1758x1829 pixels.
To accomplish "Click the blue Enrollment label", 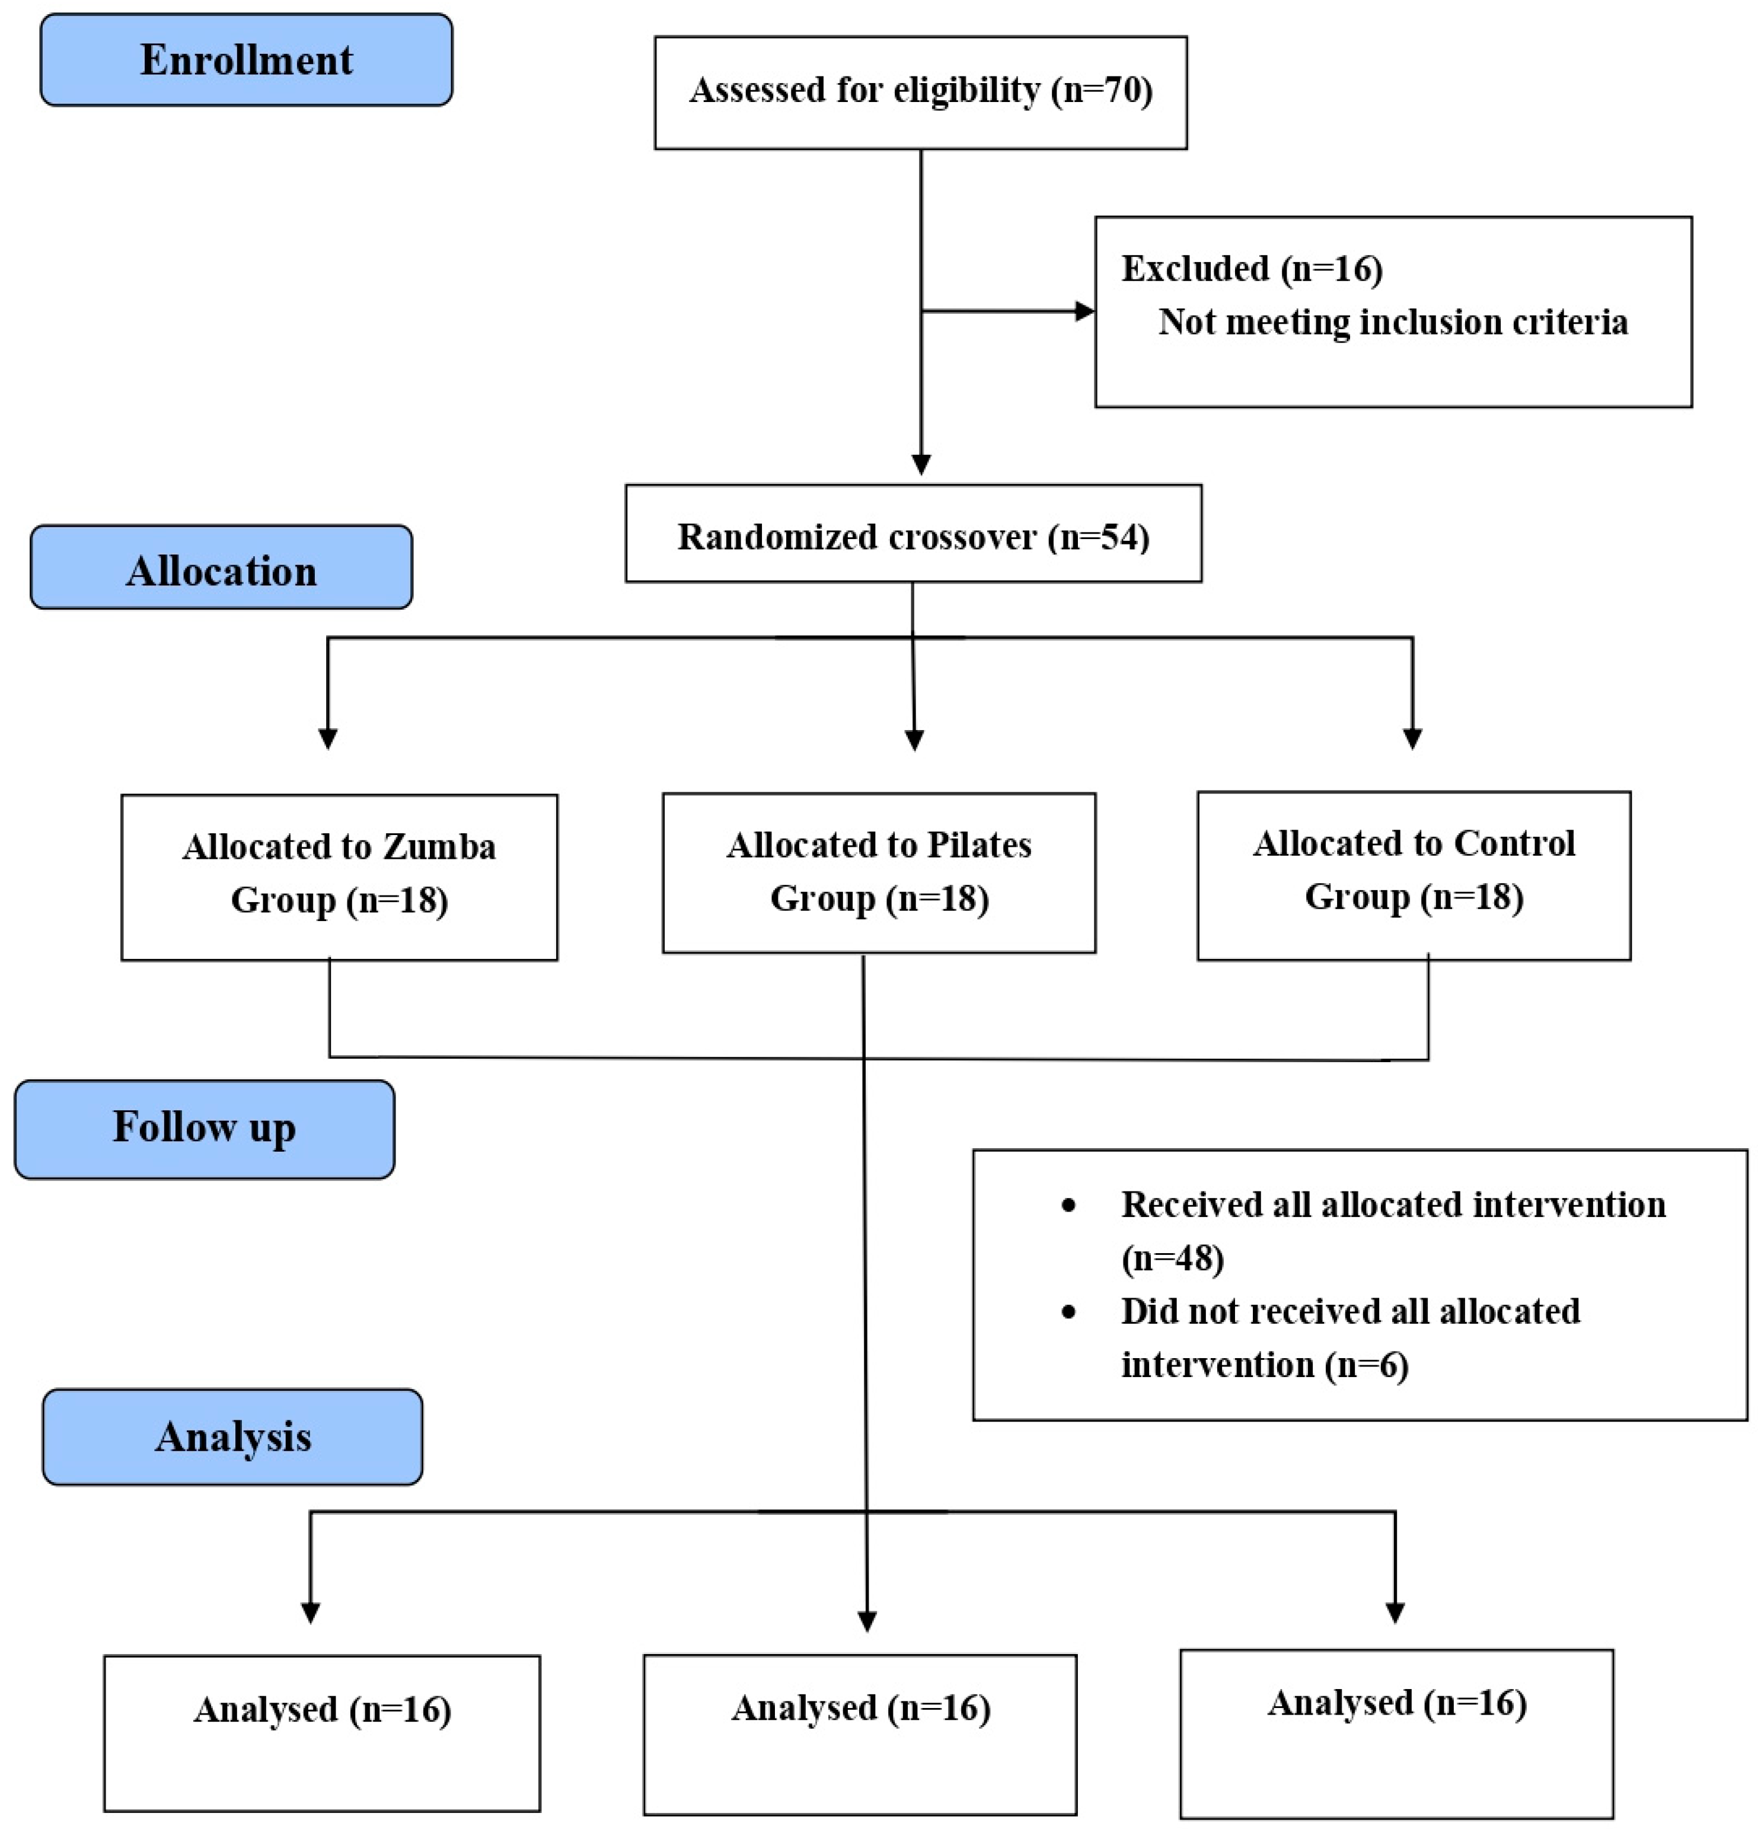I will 246,60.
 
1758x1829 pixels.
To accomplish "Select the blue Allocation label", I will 221,568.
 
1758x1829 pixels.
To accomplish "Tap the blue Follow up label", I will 205,1129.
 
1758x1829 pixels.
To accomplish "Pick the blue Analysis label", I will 232,1437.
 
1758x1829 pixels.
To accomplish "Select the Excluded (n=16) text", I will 1251,269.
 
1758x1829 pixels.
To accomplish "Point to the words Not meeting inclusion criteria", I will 1392,322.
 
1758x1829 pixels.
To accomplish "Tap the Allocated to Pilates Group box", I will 878,872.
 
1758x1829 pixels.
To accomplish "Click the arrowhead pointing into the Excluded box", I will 1084,311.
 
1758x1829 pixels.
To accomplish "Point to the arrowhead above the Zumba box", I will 327,737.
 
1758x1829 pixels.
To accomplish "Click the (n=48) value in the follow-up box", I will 1172,1258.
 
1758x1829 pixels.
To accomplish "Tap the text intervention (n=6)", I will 1264,1365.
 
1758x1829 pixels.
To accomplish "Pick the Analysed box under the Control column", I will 1396,1732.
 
